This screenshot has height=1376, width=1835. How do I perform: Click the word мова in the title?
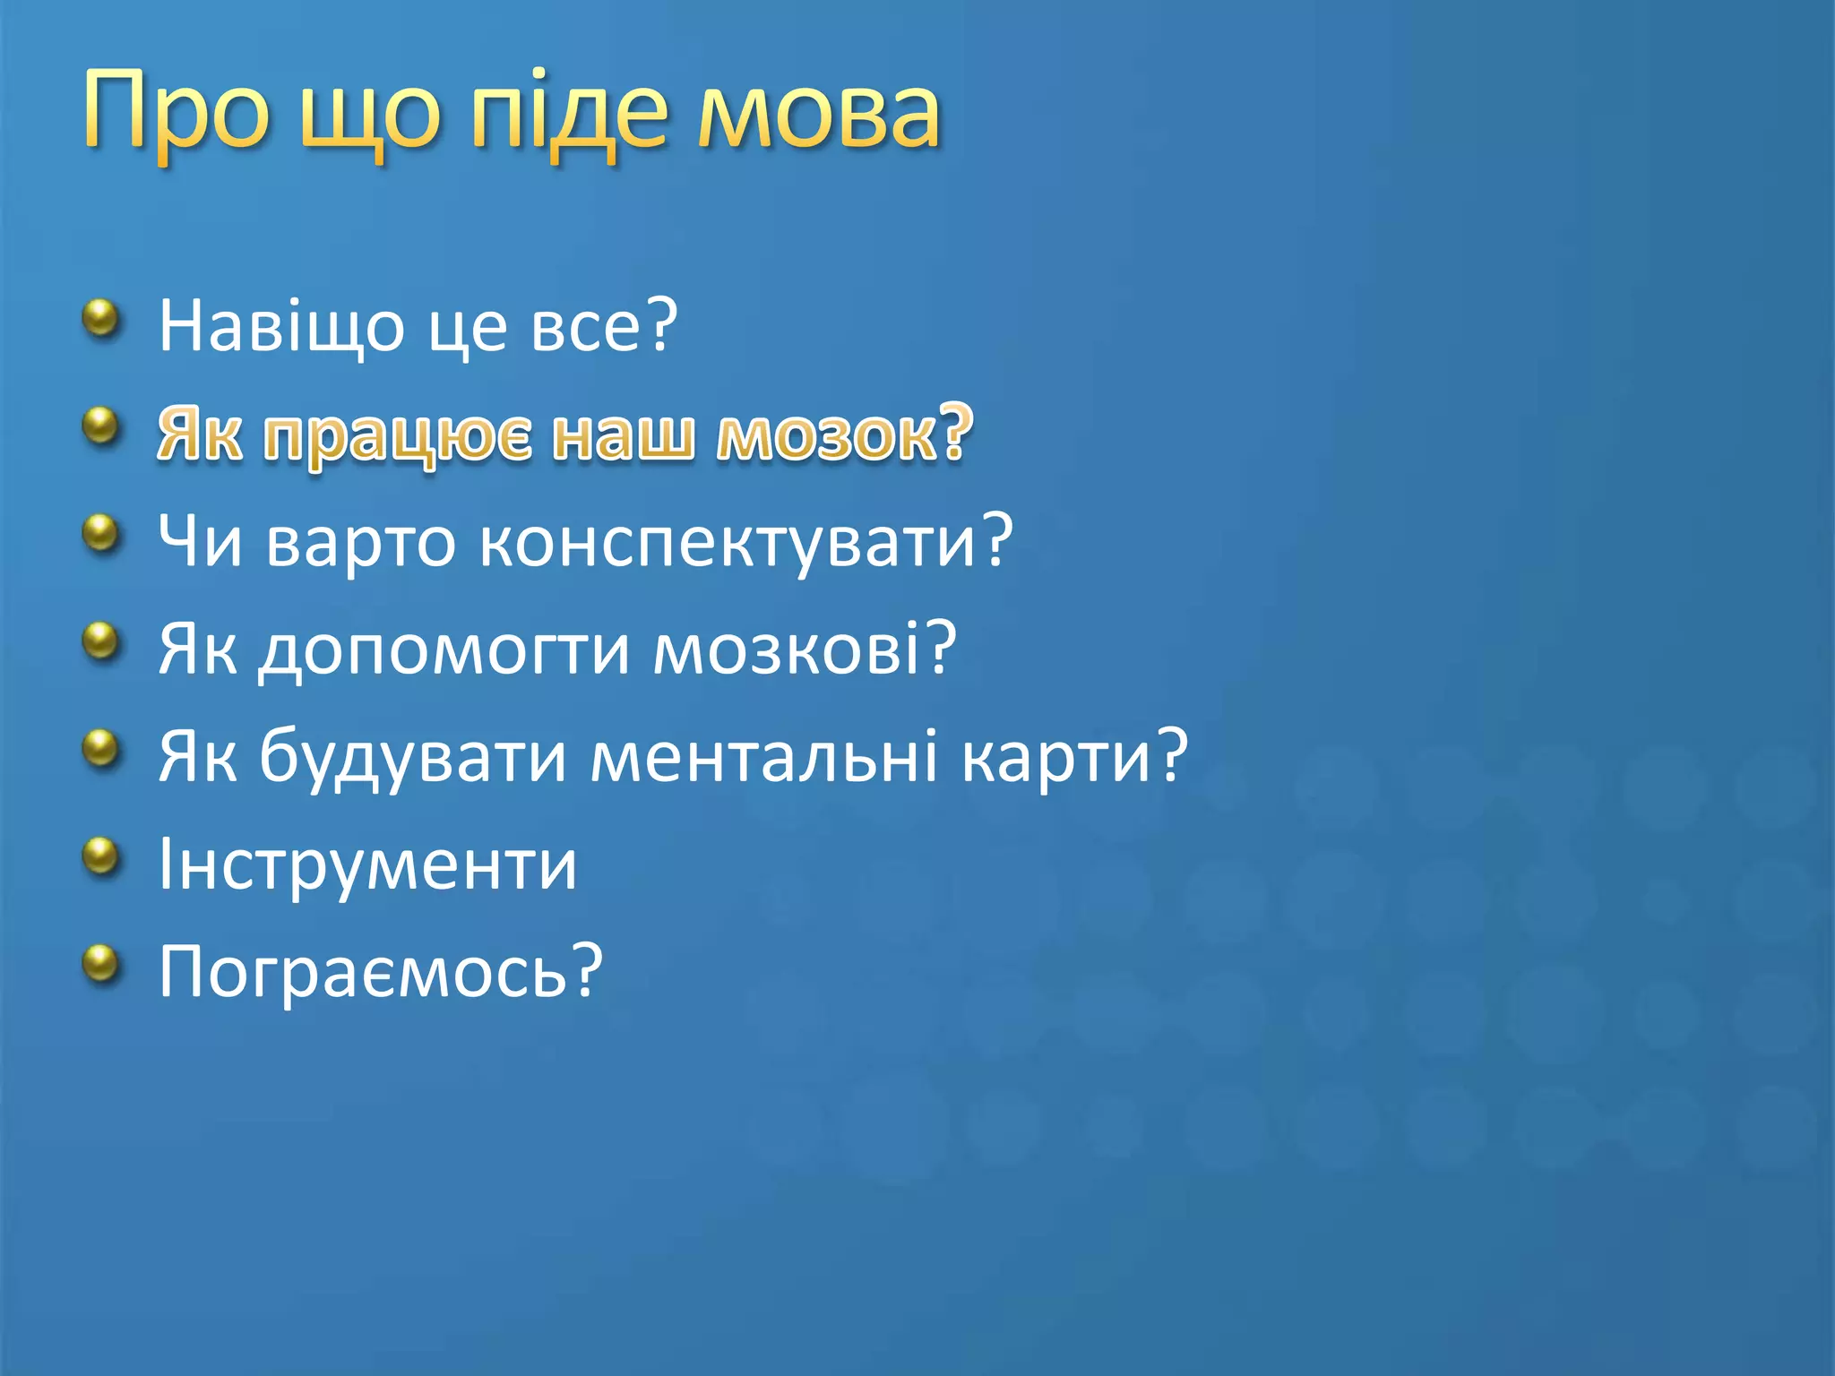pyautogui.click(x=819, y=112)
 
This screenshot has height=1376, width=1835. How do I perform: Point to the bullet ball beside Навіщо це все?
pyautogui.click(x=101, y=318)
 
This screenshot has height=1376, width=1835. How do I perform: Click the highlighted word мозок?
pyautogui.click(x=844, y=434)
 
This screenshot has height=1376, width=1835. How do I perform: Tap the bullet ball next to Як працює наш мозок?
pyautogui.click(x=101, y=426)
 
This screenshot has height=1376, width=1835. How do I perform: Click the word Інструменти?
pyautogui.click(x=367, y=865)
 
